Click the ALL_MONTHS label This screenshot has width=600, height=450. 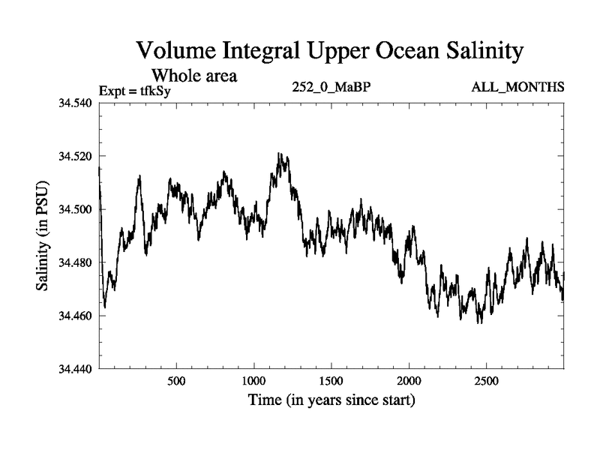pyautogui.click(x=517, y=87)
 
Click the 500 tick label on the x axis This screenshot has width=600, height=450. pyautogui.click(x=176, y=381)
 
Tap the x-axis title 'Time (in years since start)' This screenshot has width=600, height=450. pyautogui.click(x=331, y=400)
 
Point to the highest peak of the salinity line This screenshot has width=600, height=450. pyautogui.click(x=278, y=154)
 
